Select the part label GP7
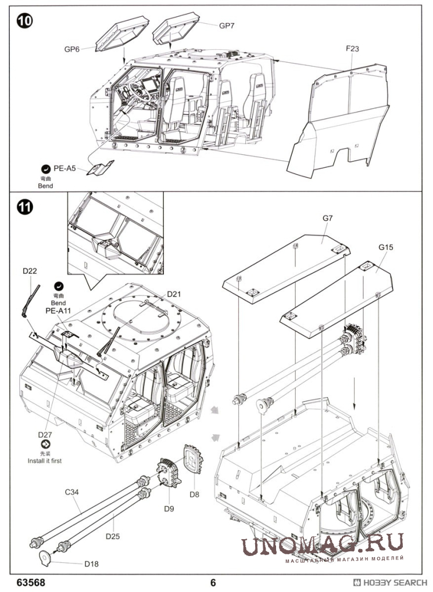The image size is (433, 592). [227, 26]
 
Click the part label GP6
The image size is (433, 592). [71, 49]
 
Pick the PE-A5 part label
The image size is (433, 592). [65, 168]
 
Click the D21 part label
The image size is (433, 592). [174, 294]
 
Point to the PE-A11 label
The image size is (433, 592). [58, 311]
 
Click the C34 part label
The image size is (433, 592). [72, 492]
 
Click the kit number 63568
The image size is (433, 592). [31, 582]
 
